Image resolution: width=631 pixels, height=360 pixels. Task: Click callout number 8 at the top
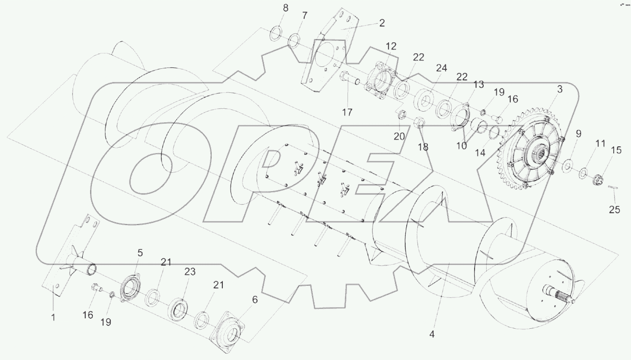point(285,8)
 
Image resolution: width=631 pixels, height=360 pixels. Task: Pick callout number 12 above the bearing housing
point(391,47)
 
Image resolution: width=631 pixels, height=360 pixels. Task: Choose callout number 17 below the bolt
point(347,112)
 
